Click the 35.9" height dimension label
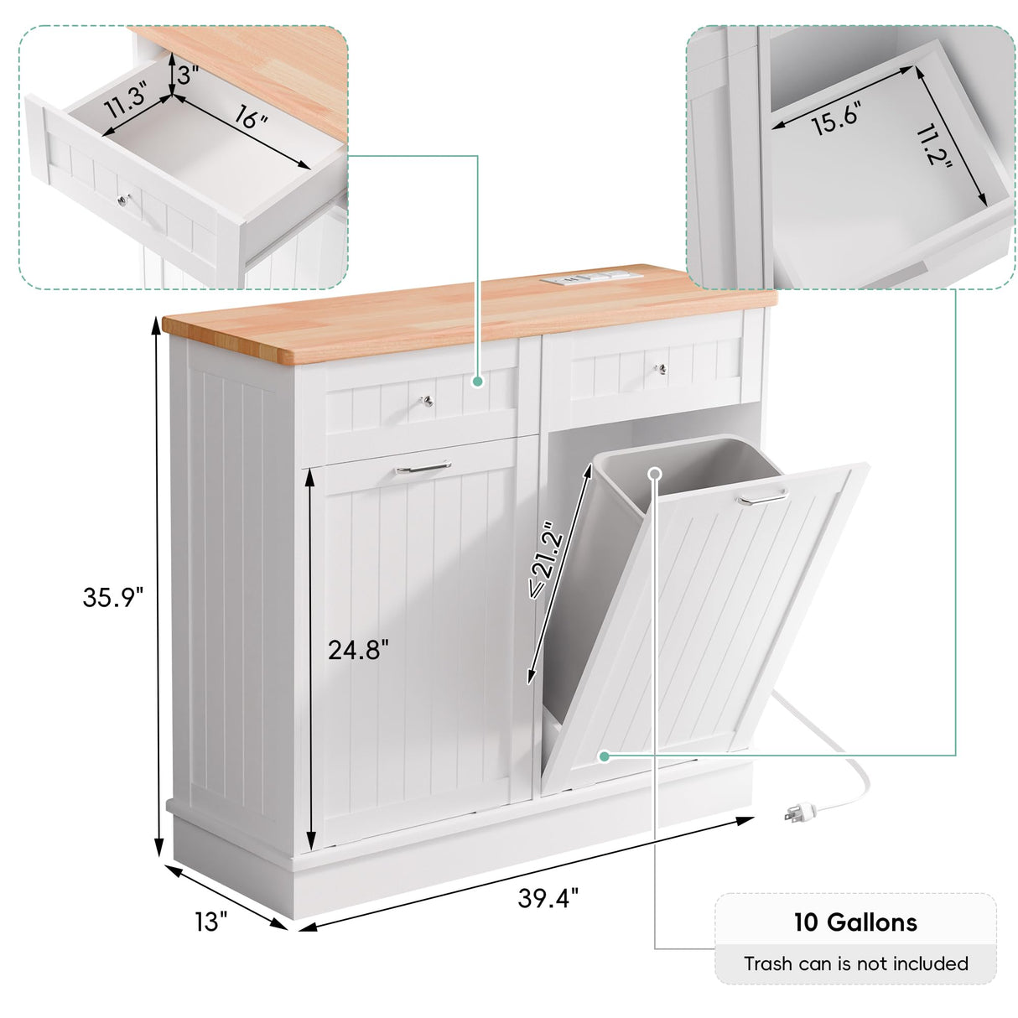pos(113,598)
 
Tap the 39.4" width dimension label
pos(548,898)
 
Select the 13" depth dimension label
pos(211,922)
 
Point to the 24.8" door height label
pos(359,650)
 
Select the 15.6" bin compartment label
pos(835,120)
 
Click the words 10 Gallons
pos(855,923)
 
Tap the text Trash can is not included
pos(855,964)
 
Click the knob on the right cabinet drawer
pos(660,369)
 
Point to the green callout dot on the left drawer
pos(477,381)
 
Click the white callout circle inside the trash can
pos(655,474)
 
